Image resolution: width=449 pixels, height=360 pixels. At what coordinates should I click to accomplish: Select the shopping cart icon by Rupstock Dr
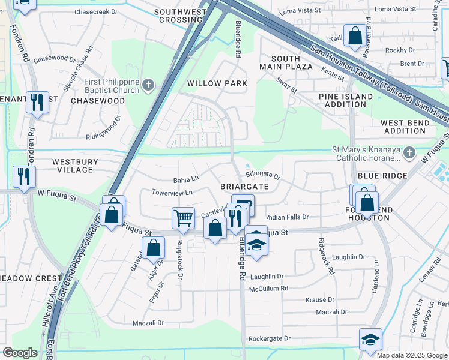183,218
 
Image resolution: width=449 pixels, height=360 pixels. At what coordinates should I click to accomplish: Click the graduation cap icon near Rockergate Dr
370,339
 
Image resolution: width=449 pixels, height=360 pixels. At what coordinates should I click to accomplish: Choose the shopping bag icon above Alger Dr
154,247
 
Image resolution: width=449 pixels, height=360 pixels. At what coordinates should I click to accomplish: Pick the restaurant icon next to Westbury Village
24,176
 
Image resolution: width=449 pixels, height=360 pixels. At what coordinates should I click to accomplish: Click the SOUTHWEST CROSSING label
179,16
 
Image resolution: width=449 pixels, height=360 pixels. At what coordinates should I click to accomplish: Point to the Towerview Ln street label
172,193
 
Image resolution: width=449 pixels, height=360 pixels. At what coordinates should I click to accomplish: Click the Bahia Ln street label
185,179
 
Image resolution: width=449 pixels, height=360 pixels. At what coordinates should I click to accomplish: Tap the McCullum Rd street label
268,288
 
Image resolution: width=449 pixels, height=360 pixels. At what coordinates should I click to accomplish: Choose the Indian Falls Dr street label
286,217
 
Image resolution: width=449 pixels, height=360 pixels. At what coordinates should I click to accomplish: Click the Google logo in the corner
20,353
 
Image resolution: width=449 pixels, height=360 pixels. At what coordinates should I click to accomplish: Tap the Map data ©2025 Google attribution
411,355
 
